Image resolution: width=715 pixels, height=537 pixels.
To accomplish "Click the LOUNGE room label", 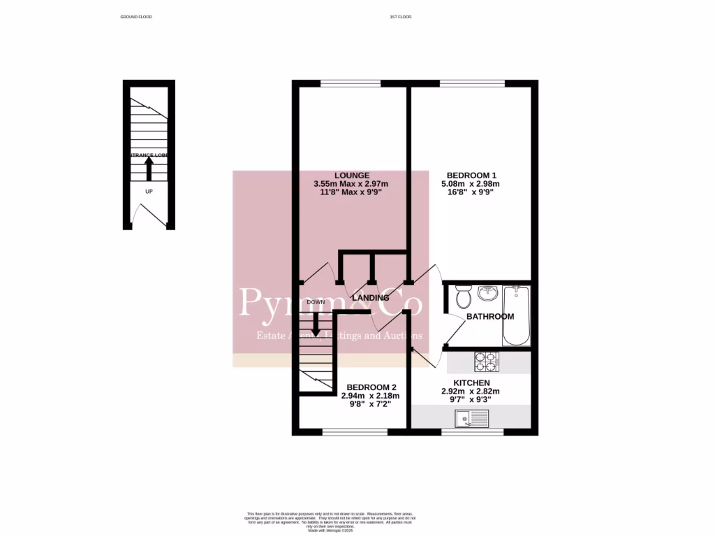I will [x=351, y=175].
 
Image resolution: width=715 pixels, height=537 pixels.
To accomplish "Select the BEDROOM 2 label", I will [x=371, y=387].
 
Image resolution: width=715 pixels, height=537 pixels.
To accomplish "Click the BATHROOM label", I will [x=490, y=317].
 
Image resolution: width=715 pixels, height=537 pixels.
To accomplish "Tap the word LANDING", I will [x=370, y=298].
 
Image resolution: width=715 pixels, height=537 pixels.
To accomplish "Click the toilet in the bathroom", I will [x=462, y=297].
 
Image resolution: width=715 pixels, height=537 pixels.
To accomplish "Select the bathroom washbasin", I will [x=487, y=294].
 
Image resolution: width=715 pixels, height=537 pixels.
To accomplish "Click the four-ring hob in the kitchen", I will [x=487, y=361].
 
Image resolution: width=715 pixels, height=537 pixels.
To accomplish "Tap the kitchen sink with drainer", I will [x=473, y=419].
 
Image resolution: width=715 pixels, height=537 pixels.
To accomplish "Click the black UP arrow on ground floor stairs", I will [x=149, y=168].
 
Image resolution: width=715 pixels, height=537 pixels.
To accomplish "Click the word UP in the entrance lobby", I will [x=149, y=191].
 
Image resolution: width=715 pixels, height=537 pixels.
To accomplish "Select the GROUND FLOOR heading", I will [x=136, y=16].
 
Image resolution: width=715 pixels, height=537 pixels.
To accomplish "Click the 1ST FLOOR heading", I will [x=401, y=16].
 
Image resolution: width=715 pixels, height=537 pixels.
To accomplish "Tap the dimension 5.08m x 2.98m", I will [x=471, y=184].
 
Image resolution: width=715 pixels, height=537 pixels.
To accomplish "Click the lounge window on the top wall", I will [x=351, y=84].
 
